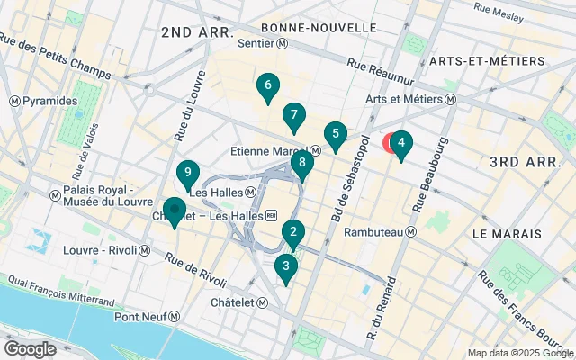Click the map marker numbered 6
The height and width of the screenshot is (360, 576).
(x=266, y=86)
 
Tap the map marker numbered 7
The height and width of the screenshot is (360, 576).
(x=292, y=115)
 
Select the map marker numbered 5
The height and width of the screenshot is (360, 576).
(x=336, y=136)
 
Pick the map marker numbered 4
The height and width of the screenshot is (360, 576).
(x=400, y=142)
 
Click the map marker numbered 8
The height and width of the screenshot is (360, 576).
(x=302, y=164)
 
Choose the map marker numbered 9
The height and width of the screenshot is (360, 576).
(x=187, y=173)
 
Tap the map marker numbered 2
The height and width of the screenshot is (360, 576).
(x=292, y=234)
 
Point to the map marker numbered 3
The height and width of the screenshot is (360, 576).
(x=286, y=266)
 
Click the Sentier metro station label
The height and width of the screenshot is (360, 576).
(x=262, y=43)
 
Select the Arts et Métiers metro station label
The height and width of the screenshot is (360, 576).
(x=411, y=100)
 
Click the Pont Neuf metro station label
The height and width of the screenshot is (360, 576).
(x=148, y=316)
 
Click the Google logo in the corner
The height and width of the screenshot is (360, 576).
(x=31, y=349)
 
